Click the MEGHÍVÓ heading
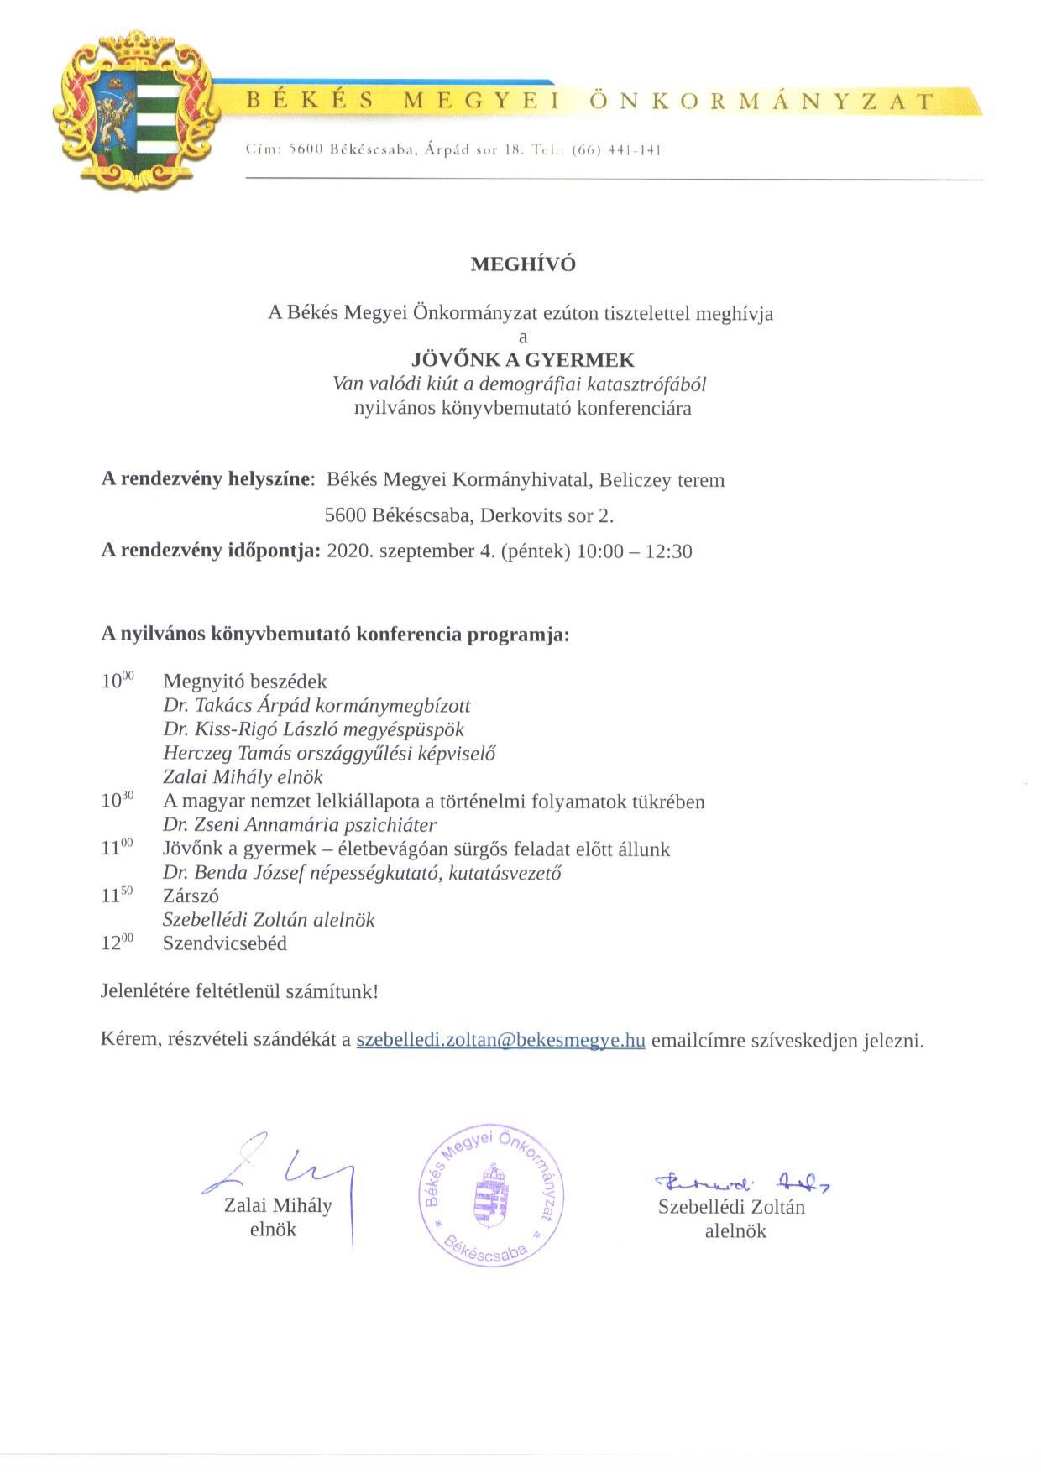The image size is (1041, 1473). [523, 264]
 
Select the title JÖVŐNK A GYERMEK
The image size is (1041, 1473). [523, 360]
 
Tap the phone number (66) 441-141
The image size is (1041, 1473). [617, 151]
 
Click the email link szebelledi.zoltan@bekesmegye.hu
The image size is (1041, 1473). [500, 1040]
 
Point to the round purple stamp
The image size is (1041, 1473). [492, 1195]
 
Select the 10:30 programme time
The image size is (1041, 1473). [117, 800]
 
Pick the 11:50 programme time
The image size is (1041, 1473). [117, 896]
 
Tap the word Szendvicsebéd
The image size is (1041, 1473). [225, 943]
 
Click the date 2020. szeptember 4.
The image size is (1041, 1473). [409, 551]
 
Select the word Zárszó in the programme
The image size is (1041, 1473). [191, 896]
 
